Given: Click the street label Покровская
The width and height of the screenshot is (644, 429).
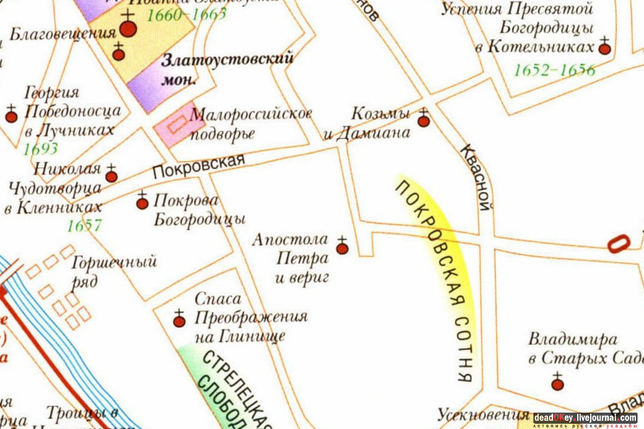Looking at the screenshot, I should pyautogui.click(x=198, y=167).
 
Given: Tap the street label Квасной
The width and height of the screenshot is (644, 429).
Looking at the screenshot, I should pyautogui.click(x=476, y=177).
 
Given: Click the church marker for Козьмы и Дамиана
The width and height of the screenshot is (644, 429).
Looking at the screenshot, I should pyautogui.click(x=423, y=121).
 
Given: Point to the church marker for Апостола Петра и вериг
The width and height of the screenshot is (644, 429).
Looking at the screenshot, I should pyautogui.click(x=342, y=249).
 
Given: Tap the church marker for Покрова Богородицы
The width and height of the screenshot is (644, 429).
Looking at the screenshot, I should pyautogui.click(x=142, y=203).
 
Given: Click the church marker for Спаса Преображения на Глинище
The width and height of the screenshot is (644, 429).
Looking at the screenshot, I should pyautogui.click(x=179, y=321).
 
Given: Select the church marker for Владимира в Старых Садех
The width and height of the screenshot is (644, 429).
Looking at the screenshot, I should pyautogui.click(x=557, y=384).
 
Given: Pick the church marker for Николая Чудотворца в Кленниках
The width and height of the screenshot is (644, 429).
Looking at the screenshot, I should pyautogui.click(x=111, y=176).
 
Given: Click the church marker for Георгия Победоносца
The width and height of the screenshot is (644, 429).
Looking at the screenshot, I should pyautogui.click(x=11, y=116).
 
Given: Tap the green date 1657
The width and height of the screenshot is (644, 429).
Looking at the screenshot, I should pyautogui.click(x=84, y=225).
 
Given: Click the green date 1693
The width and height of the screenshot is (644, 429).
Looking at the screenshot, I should pyautogui.click(x=40, y=149).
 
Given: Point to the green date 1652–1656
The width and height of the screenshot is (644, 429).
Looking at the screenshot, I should pyautogui.click(x=554, y=71).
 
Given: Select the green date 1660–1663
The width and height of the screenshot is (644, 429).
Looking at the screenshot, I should pyautogui.click(x=186, y=14).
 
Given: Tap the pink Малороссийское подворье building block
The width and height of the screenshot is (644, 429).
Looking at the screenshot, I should pyautogui.click(x=174, y=124).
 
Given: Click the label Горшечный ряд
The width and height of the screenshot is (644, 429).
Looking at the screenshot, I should pyautogui.click(x=114, y=270).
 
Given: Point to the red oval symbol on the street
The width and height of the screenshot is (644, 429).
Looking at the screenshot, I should pyautogui.click(x=618, y=243).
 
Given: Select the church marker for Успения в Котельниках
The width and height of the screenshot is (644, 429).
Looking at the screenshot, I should pyautogui.click(x=605, y=49).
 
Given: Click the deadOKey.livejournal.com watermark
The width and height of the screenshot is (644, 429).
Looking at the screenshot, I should pyautogui.click(x=585, y=419).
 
